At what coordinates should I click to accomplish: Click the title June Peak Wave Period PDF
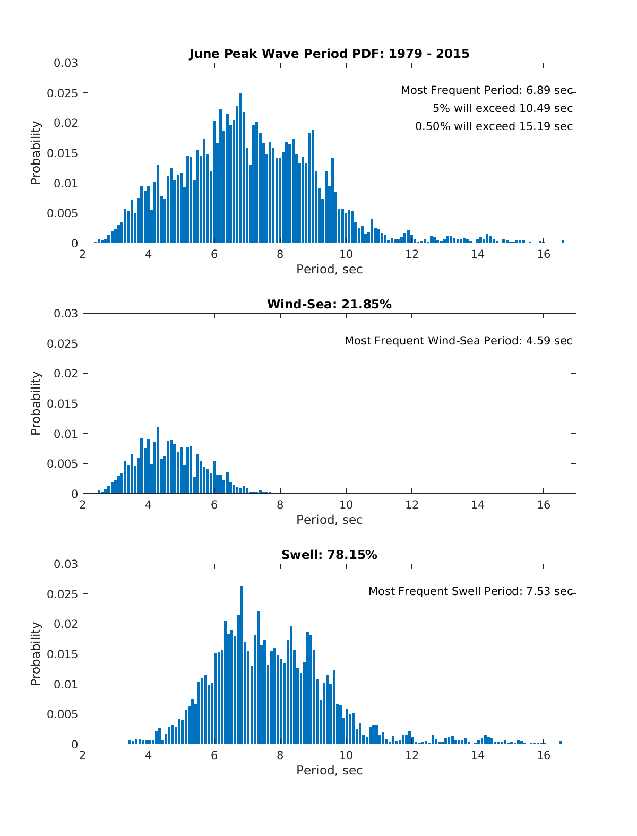tap(329, 54)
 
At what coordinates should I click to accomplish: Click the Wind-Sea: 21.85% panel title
tap(329, 304)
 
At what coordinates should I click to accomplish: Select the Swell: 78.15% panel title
tap(329, 555)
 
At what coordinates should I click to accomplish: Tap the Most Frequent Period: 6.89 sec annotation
tap(486, 90)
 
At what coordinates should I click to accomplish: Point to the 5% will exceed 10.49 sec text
tap(502, 108)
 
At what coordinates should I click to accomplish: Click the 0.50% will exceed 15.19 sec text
tap(494, 126)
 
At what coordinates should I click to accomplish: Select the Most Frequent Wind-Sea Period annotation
tap(458, 341)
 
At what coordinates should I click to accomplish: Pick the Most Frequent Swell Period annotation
tap(470, 591)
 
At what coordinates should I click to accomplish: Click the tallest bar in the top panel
tap(240, 170)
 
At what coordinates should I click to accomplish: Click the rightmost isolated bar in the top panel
tap(563, 242)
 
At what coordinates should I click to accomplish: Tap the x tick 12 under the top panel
tap(412, 254)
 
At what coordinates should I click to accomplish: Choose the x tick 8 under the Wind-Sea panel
tap(280, 505)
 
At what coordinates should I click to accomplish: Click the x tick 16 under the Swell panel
tap(544, 755)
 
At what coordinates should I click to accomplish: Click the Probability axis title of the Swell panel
tap(36, 654)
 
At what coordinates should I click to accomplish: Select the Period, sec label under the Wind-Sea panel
tap(329, 520)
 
